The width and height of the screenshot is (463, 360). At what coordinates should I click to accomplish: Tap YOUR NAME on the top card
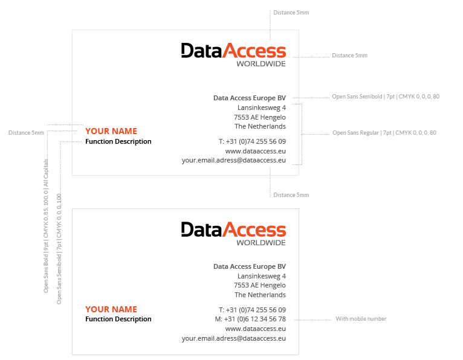pos(111,131)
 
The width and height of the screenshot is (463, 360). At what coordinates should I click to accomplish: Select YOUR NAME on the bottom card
pos(111,309)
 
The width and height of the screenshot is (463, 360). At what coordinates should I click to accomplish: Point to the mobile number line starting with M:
pos(250,319)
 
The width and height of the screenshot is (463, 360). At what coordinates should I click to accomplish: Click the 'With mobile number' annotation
pos(361,319)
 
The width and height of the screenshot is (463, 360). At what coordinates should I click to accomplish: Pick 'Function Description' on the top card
pos(118,141)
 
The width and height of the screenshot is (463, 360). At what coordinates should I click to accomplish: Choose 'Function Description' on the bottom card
pos(118,319)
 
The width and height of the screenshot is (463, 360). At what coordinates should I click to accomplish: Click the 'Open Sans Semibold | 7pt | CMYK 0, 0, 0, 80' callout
pos(386,97)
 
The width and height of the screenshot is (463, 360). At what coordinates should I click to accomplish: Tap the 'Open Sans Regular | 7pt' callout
pos(384,133)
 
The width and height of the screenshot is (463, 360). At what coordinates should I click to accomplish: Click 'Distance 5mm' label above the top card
pos(291,13)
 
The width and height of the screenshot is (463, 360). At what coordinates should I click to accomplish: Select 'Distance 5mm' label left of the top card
pos(26,133)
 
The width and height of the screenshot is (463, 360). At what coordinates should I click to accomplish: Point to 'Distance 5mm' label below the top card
pos(291,195)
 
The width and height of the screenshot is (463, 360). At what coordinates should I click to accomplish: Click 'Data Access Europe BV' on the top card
pos(250,98)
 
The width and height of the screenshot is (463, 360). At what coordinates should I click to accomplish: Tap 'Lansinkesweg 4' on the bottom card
pos(262,276)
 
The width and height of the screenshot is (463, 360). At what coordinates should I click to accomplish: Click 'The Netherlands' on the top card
pos(260,127)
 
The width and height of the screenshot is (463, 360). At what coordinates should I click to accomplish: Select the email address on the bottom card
pos(233,339)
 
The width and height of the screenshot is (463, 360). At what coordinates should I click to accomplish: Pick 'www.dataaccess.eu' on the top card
pos(255,151)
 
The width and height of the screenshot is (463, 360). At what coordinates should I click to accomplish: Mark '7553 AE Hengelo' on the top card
pos(260,117)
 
